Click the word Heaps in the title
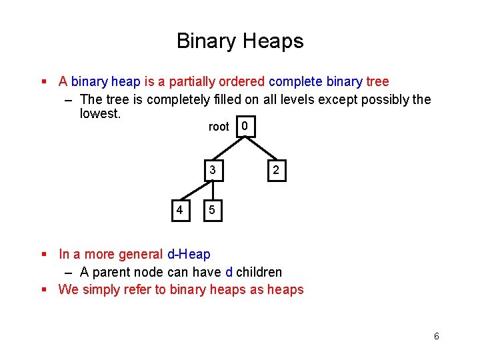pyautogui.click(x=273, y=41)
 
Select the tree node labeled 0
pyautogui.click(x=245, y=126)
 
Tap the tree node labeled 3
pyautogui.click(x=212, y=170)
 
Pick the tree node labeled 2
pyautogui.click(x=276, y=171)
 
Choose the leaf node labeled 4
pyautogui.click(x=179, y=211)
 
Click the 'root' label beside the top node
pyautogui.click(x=219, y=127)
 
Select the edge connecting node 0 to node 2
pyautogui.click(x=261, y=148)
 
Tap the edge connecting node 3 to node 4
pyautogui.click(x=190, y=193)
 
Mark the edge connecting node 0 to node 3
pyautogui.click(x=230, y=148)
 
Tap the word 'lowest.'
pyautogui.click(x=100, y=114)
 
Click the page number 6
pyautogui.click(x=436, y=336)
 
